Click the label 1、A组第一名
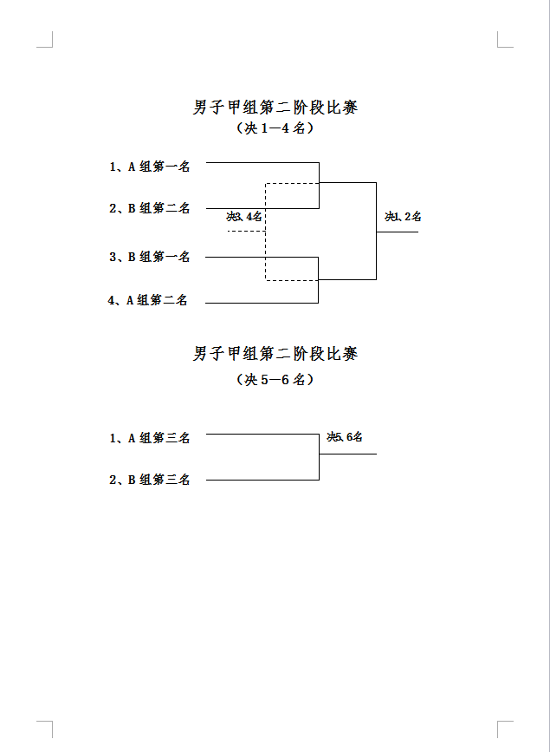click(x=150, y=167)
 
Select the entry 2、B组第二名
click(x=150, y=208)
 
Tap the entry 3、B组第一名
click(x=150, y=257)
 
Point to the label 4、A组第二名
click(x=147, y=300)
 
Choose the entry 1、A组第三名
click(x=150, y=438)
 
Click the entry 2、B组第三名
click(x=150, y=480)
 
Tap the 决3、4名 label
click(x=244, y=217)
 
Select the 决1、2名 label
click(x=403, y=217)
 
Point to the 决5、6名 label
click(x=345, y=437)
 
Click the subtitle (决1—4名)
click(x=275, y=128)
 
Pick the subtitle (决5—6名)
click(x=275, y=380)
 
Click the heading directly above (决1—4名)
click(x=275, y=107)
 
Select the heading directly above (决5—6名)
click(x=275, y=355)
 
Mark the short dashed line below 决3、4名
click(x=246, y=232)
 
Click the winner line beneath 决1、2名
click(x=398, y=232)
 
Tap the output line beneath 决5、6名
click(x=348, y=454)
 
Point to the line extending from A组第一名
click(x=262, y=162)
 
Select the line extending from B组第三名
click(x=262, y=480)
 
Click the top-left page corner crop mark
click(x=52, y=47)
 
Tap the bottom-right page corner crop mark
click(x=498, y=722)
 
